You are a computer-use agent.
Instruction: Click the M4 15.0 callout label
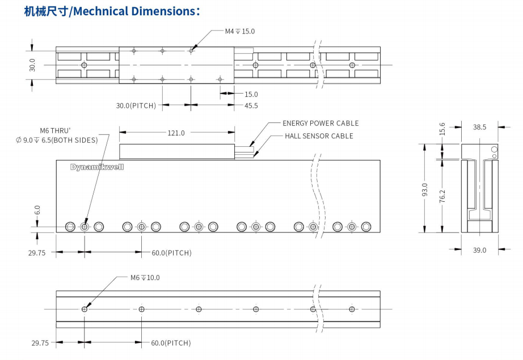click(x=239, y=31)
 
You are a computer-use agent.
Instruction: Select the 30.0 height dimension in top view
click(x=32, y=65)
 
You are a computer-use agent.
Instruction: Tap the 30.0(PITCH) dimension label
click(x=136, y=105)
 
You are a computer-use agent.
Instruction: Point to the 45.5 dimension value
click(x=251, y=105)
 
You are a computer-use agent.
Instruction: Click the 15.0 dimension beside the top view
click(x=251, y=94)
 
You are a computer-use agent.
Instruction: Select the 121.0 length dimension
click(x=176, y=133)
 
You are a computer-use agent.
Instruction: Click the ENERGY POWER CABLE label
click(x=320, y=123)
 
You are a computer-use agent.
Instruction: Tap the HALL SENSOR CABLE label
click(x=319, y=136)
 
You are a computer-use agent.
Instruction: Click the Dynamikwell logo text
click(x=97, y=167)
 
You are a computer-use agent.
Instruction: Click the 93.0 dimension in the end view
click(x=425, y=188)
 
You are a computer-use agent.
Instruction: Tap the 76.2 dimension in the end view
click(x=442, y=196)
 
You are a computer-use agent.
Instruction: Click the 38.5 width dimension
click(x=479, y=128)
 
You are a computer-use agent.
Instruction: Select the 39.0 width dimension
click(x=479, y=250)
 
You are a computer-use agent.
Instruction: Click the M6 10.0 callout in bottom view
click(x=145, y=277)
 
